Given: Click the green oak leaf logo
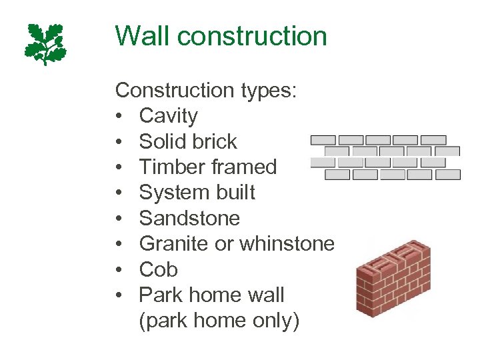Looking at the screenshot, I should (46, 43).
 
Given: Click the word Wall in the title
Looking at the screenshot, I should (141, 36).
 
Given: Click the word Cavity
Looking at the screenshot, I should (168, 116).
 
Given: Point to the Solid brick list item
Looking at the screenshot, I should (188, 141).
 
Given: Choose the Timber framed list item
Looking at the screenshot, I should (207, 167).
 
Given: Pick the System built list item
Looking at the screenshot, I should (197, 193).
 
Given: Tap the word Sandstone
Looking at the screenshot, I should (189, 218).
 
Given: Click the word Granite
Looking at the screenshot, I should (173, 244).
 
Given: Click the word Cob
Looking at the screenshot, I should (158, 269).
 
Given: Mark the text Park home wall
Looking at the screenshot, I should (211, 295).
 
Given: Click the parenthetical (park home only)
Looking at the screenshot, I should (219, 321).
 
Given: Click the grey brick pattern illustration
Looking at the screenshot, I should (385, 157).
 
